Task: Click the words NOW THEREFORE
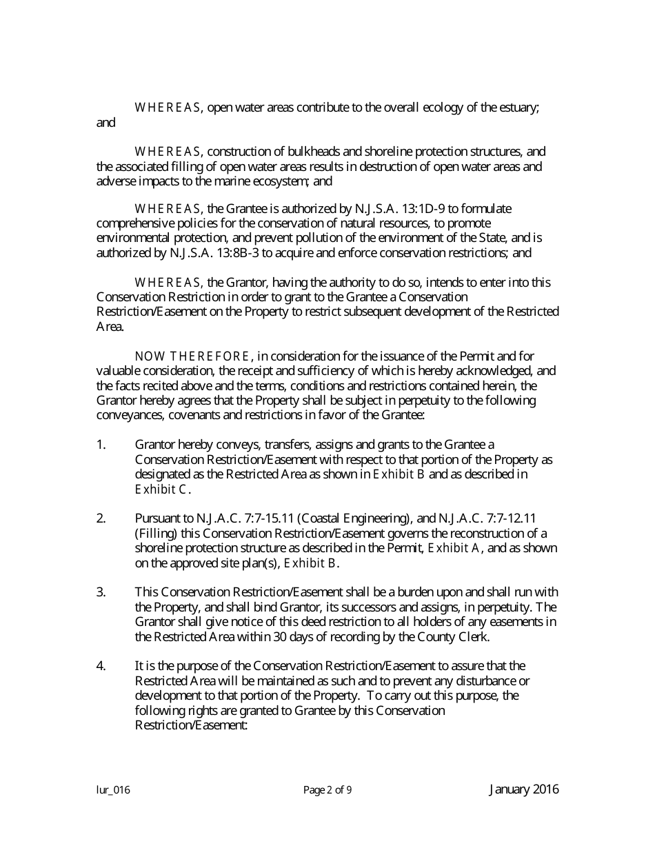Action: pos(192,356)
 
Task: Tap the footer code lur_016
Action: pos(113,790)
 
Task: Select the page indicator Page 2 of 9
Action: pos(327,790)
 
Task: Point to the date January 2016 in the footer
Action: pos(524,789)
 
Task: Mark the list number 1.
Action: pos(101,445)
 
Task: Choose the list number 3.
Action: pos(101,592)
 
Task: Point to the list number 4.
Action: pos(101,666)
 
